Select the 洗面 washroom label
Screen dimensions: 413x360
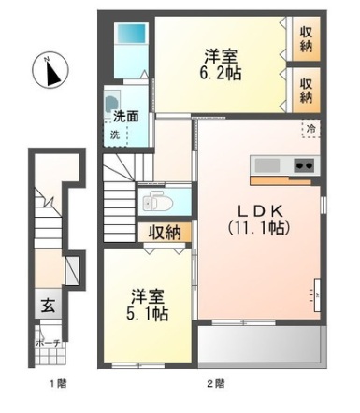[x=126, y=118]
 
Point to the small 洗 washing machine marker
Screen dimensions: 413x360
[x=115, y=135]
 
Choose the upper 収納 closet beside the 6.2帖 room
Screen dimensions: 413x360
[x=306, y=40]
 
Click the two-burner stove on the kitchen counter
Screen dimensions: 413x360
[x=304, y=165]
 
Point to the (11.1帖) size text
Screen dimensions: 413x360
[x=256, y=227]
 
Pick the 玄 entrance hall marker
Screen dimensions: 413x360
[x=47, y=304]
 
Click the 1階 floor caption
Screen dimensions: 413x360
[x=55, y=383]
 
